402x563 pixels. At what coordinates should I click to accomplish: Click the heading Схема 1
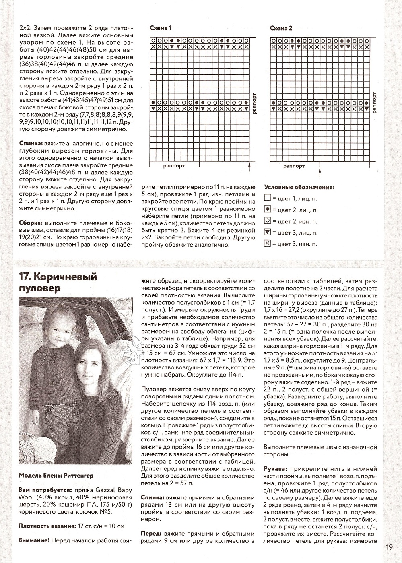pos(161,28)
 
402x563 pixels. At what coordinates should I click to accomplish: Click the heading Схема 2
pos(281,28)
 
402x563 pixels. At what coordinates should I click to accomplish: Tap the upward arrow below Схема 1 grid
pos(250,167)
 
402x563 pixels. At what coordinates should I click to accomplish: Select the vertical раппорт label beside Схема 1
pos(254,104)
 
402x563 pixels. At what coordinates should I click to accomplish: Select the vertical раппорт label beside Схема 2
pos(375,104)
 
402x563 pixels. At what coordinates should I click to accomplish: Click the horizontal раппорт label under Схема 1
pos(174,166)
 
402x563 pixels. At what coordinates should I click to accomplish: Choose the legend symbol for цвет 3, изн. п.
pos(268,244)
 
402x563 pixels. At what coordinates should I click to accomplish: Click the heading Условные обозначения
pos(299,187)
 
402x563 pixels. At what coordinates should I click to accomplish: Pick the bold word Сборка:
pos(31,223)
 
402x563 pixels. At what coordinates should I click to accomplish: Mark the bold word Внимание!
pos(33,540)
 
